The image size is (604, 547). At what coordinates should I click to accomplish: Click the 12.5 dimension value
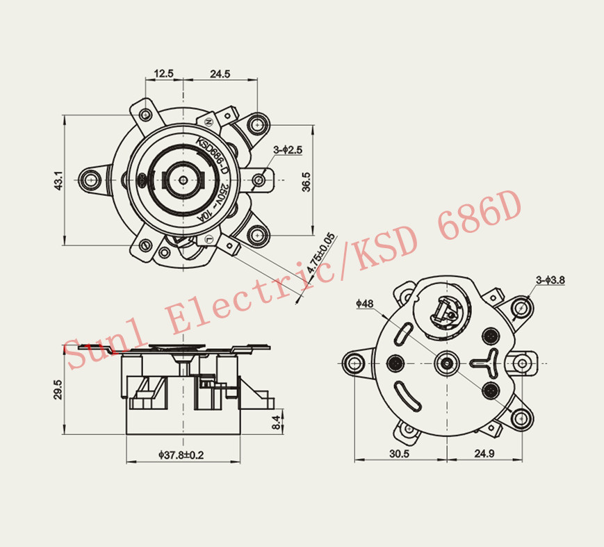[x=164, y=73]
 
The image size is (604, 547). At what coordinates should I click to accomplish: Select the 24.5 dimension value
[x=220, y=74]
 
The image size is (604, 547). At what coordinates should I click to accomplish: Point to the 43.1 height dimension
[x=58, y=180]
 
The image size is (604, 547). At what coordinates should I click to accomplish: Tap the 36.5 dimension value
[x=306, y=181]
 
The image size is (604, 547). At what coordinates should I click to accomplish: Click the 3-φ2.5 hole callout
[x=288, y=149]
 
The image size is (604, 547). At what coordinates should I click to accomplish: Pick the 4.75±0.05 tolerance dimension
[x=321, y=252]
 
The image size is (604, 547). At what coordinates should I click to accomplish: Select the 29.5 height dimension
[x=58, y=389]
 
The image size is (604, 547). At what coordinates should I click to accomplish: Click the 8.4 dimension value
[x=276, y=422]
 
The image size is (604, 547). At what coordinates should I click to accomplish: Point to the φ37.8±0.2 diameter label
[x=181, y=455]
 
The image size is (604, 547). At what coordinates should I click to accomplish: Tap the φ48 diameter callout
[x=365, y=304]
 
